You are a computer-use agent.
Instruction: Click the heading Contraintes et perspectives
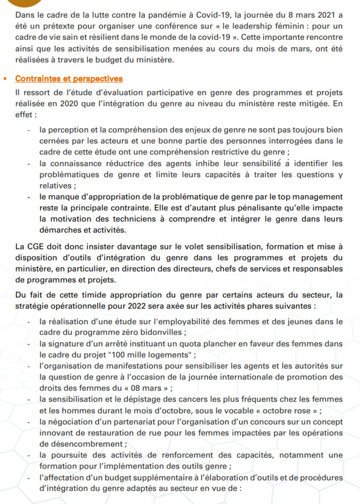[x=69, y=79]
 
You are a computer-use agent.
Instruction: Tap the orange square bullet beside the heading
[x=4, y=80]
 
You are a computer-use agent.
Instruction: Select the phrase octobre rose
[x=289, y=411]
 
